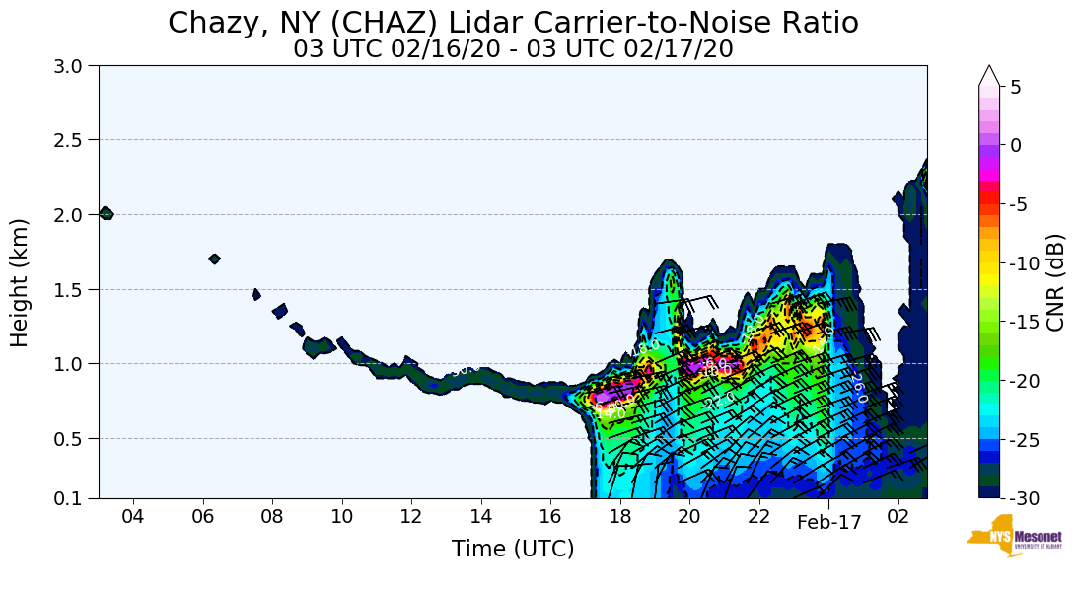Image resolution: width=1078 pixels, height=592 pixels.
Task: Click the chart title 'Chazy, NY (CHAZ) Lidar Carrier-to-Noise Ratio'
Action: [513, 23]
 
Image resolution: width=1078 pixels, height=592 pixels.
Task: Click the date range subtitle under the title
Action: [513, 49]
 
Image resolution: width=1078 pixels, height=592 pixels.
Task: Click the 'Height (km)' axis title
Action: [21, 282]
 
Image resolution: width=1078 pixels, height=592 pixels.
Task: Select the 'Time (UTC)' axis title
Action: [513, 549]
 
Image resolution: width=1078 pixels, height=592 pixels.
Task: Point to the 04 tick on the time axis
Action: [133, 517]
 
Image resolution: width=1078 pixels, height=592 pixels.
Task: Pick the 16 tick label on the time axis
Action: [549, 517]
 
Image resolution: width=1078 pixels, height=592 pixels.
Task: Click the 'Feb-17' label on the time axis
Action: [828, 523]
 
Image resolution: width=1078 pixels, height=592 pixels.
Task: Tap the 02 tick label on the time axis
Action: [898, 517]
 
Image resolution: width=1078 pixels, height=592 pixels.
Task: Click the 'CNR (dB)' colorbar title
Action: [1055, 282]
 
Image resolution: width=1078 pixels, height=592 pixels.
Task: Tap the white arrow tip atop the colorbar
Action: [989, 74]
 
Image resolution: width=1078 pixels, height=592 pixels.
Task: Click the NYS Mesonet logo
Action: [1014, 536]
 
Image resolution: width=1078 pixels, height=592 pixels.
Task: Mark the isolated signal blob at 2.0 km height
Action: [106, 213]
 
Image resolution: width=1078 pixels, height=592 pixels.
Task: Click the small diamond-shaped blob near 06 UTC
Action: [214, 259]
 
